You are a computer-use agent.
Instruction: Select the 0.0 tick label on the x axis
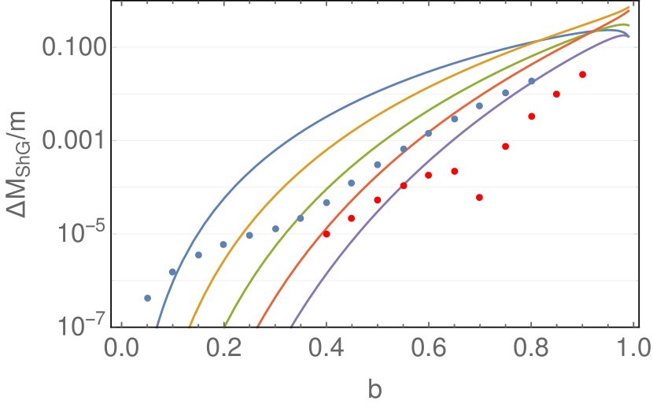point(121,348)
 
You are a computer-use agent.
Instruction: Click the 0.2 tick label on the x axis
point(223,348)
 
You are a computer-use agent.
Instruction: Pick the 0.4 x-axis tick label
point(326,348)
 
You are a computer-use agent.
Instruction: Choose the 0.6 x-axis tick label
point(429,348)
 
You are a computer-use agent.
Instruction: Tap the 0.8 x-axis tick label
point(531,348)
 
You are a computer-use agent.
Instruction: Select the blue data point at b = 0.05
point(147,298)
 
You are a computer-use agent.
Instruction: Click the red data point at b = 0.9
point(582,75)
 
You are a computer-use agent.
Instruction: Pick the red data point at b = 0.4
point(326,234)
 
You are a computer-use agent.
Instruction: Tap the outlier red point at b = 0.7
point(480,198)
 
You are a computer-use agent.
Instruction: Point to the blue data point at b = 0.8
point(531,81)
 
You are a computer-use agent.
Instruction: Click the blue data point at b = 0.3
point(275,229)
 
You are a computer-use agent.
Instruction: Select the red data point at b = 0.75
point(506,147)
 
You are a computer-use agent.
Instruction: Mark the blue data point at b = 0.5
point(378,165)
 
